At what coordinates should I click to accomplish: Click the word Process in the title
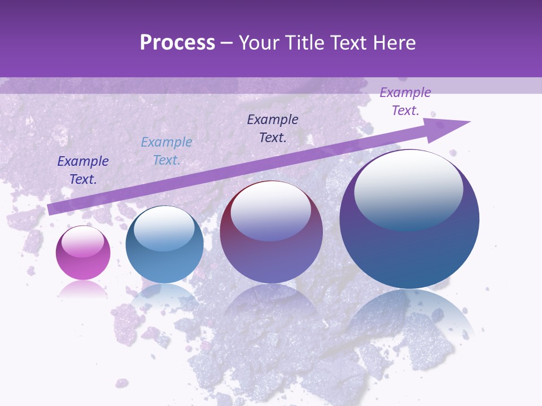point(177,43)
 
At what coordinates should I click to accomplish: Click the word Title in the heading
point(302,43)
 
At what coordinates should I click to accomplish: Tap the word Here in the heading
point(394,43)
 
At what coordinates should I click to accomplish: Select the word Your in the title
point(259,43)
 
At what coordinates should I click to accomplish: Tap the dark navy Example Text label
point(83,170)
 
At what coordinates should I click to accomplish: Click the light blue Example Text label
point(167,151)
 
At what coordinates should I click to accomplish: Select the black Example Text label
point(273,128)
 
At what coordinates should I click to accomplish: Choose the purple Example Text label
point(405,101)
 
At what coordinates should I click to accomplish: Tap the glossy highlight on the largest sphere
point(408,189)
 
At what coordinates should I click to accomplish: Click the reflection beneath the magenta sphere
point(83,289)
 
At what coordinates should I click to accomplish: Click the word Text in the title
point(347,43)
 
